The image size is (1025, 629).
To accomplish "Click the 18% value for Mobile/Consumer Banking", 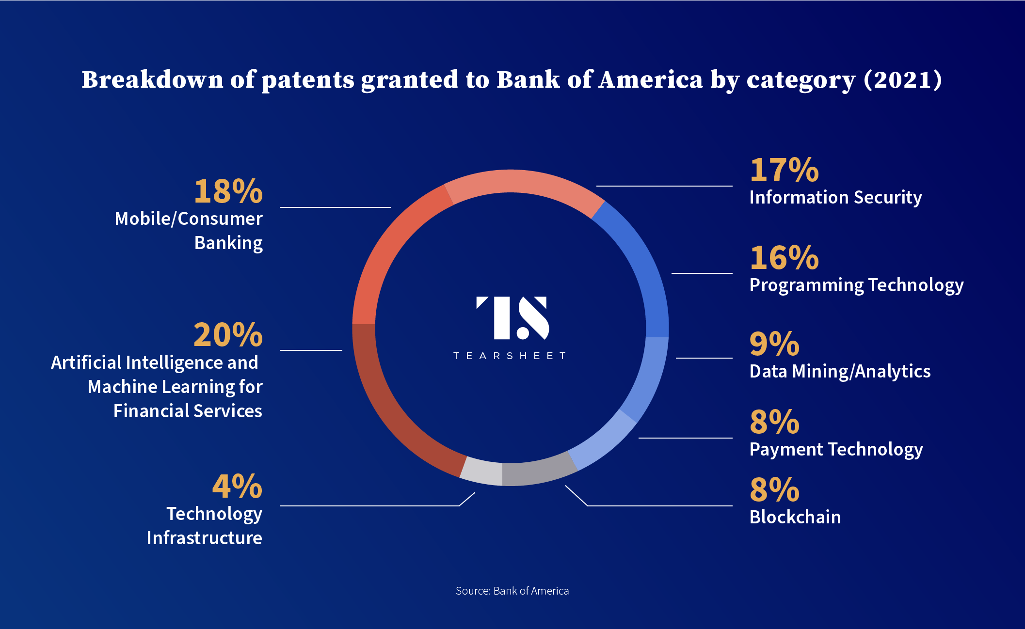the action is [228, 191].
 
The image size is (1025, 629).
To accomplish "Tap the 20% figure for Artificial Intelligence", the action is [228, 334].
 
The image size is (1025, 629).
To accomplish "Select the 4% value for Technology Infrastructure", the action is [238, 486].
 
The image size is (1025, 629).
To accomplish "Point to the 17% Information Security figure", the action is [784, 170].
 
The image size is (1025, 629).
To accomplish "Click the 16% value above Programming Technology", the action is [784, 257].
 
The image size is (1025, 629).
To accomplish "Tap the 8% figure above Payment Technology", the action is [774, 422].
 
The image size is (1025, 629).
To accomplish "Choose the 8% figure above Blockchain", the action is [774, 489].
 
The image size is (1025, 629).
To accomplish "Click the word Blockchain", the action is [795, 517].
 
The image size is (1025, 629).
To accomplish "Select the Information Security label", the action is [836, 198].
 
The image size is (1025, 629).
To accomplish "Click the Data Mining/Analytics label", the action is [840, 372].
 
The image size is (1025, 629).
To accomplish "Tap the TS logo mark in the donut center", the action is [512, 318].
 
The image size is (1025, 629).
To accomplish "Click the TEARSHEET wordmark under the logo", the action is [510, 356].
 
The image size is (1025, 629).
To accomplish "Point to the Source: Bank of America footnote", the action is [512, 591].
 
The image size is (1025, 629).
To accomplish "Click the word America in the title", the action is [651, 79].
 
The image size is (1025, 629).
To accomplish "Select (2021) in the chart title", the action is [903, 79].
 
